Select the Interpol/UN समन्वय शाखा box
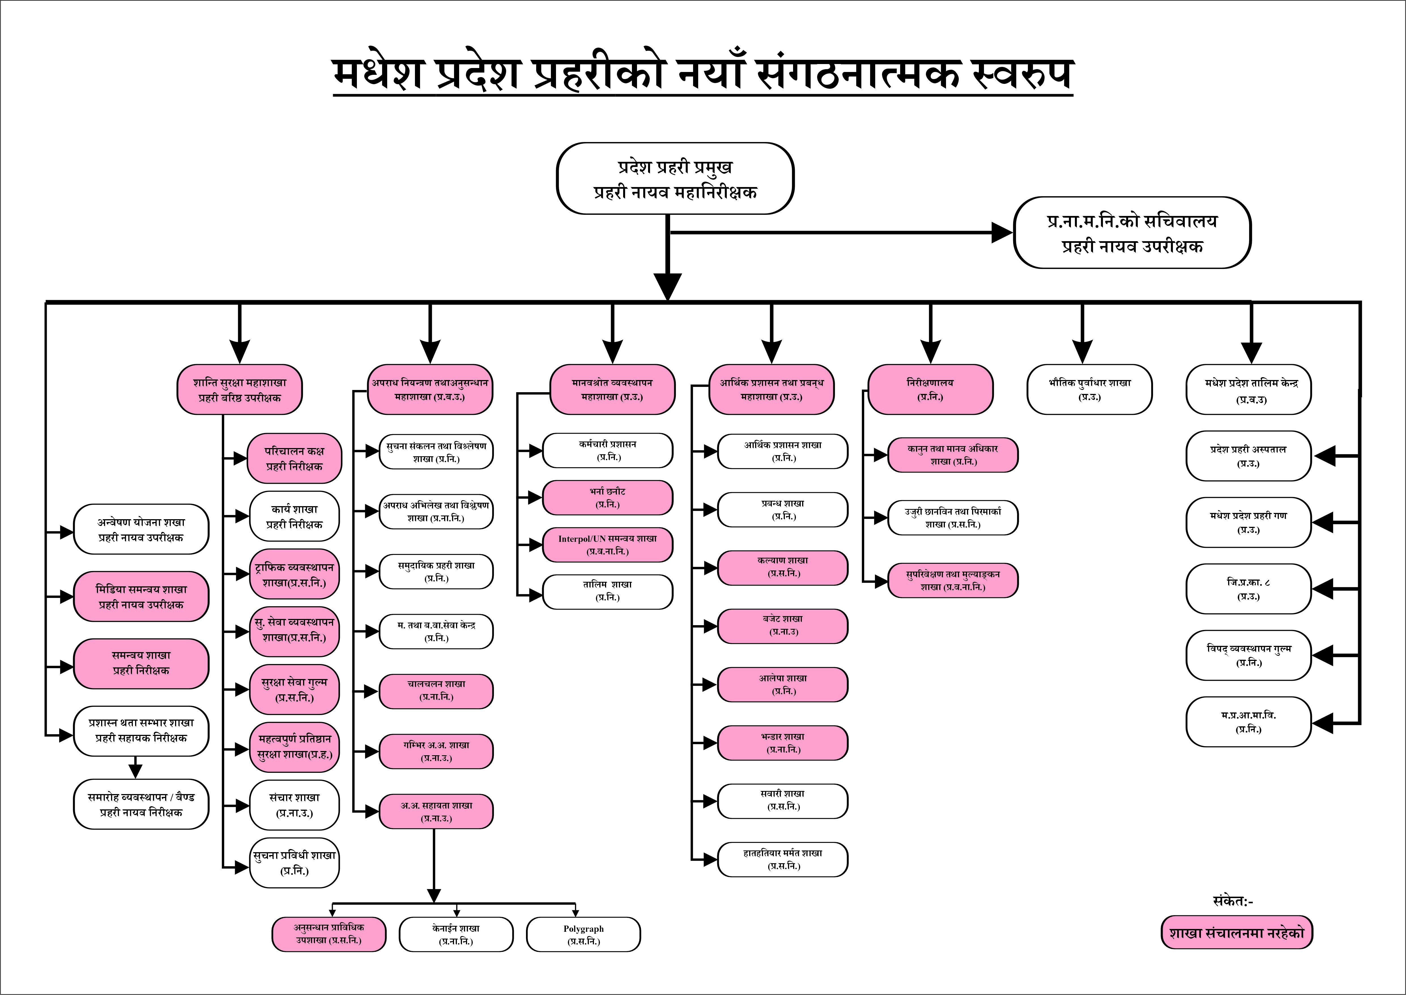click(608, 545)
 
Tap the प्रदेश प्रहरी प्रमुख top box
click(675, 179)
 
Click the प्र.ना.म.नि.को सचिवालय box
click(1132, 233)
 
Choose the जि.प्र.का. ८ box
click(1248, 589)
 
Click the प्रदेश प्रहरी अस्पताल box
click(1248, 456)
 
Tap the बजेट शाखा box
click(783, 625)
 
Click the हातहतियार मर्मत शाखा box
click(783, 860)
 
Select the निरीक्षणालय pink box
click(930, 390)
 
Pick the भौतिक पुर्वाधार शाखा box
click(1089, 390)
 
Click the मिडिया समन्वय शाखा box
click(141, 597)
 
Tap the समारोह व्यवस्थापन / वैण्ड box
click(141, 805)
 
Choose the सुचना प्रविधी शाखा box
click(295, 863)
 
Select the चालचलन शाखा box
click(436, 691)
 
